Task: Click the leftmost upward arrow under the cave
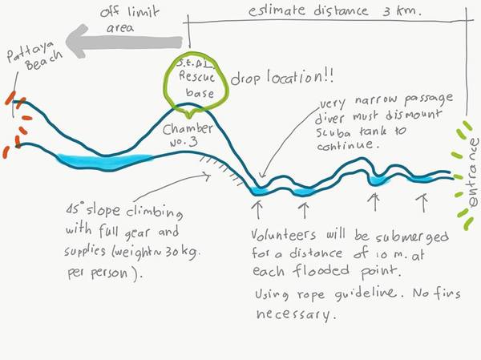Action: tap(257, 210)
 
